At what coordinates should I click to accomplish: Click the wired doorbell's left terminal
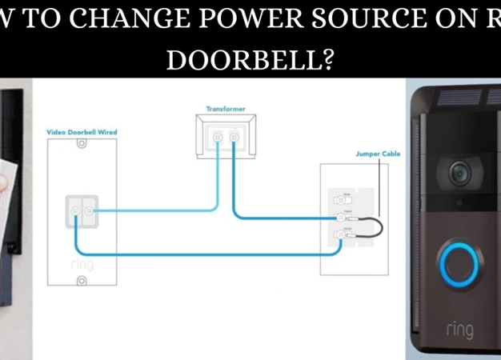point(74,211)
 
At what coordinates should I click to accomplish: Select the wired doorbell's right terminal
point(90,211)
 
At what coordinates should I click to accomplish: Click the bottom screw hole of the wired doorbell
point(81,280)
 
